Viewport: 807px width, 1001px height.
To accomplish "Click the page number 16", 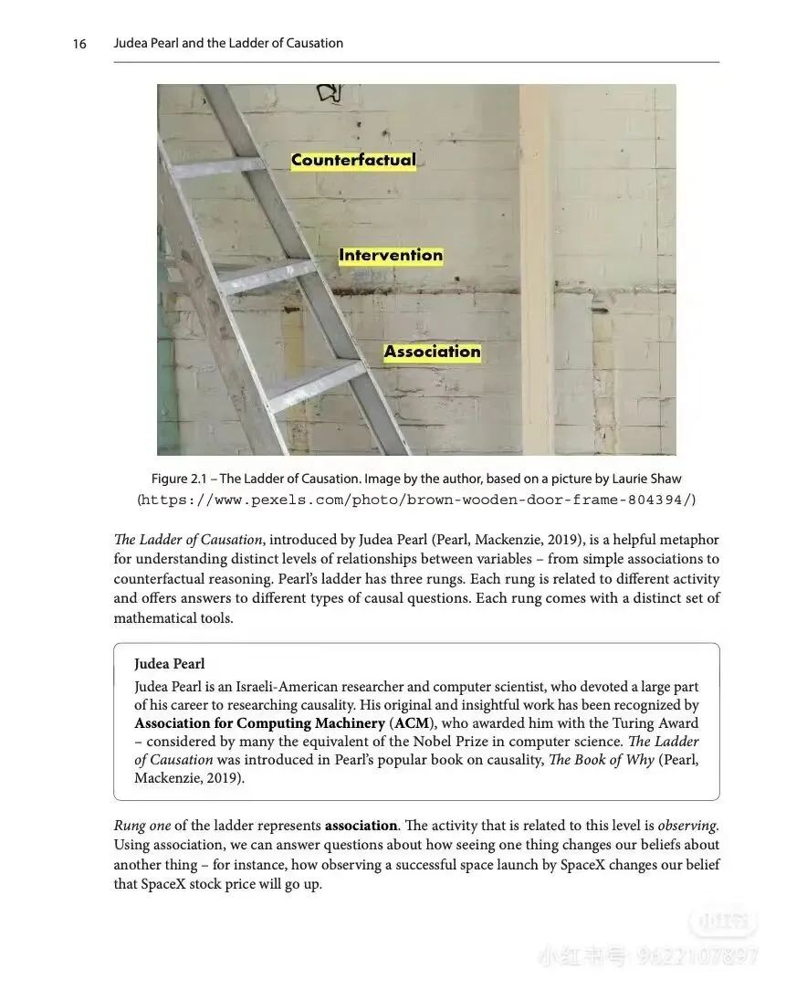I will tap(79, 43).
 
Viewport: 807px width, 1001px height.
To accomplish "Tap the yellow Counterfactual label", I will tap(353, 160).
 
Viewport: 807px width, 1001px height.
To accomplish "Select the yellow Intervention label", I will tap(391, 256).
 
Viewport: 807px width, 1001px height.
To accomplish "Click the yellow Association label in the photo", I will tap(432, 352).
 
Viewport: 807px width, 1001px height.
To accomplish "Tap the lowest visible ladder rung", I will tap(315, 384).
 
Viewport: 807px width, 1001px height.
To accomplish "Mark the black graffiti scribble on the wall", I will tap(329, 92).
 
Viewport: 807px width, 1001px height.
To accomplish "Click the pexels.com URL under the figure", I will tap(416, 500).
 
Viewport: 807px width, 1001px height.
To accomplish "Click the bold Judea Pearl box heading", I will tap(170, 664).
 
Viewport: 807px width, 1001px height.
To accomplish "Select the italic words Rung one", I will tap(142, 826).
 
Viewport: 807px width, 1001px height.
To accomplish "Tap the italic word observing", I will tap(686, 826).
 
